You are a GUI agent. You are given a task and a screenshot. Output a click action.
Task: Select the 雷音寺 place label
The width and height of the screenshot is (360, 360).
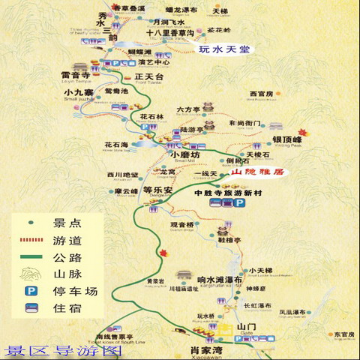point(76,76)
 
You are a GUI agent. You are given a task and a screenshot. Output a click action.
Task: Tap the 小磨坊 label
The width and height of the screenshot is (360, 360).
point(185,154)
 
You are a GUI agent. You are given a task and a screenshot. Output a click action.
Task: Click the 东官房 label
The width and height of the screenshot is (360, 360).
point(343,334)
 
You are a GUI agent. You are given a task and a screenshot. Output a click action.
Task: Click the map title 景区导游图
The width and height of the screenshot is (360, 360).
point(63,350)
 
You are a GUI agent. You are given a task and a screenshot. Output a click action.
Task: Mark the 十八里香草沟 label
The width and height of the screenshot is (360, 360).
point(170,34)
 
